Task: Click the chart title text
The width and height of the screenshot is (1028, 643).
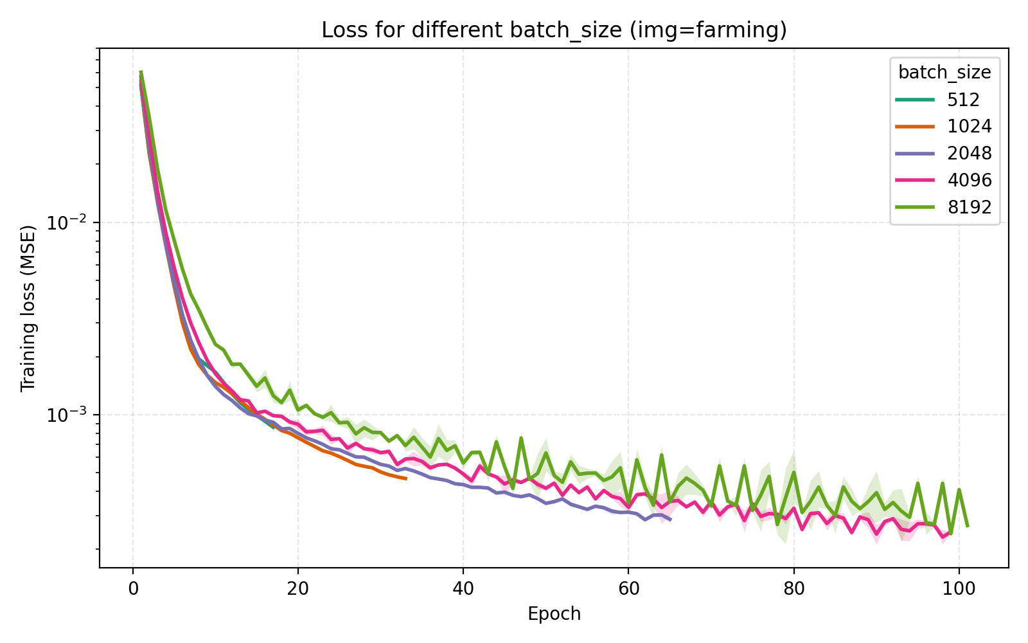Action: pos(554,30)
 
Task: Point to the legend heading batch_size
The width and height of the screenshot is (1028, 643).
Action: pos(944,73)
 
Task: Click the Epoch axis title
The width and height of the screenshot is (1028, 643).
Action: pos(554,614)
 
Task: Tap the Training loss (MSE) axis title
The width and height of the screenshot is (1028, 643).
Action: pos(28,308)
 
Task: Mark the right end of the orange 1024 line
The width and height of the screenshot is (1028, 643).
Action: pos(405,478)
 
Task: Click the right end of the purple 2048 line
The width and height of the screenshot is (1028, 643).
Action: pos(670,519)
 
